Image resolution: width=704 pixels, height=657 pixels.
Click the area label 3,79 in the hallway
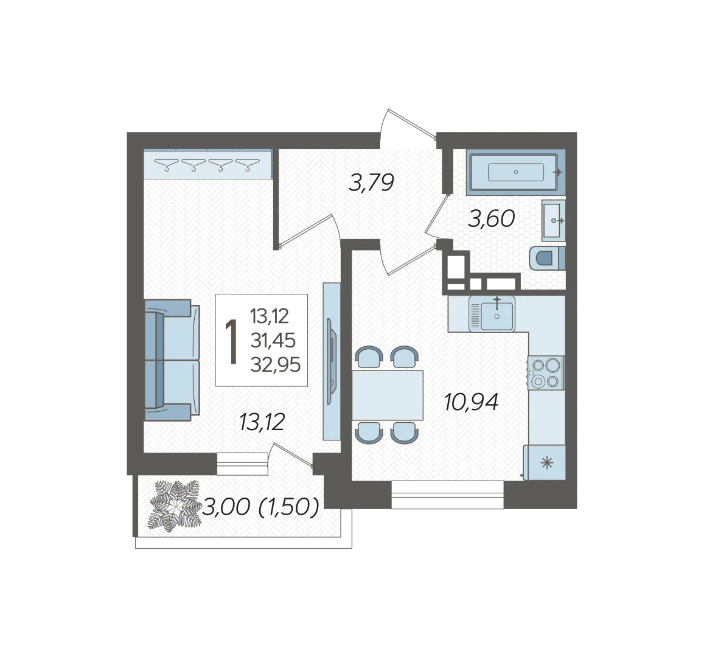pyautogui.click(x=371, y=182)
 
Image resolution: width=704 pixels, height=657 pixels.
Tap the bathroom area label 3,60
pyautogui.click(x=491, y=219)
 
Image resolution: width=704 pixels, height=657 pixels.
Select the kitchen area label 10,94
pyautogui.click(x=471, y=401)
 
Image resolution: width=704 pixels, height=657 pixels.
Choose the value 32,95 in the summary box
pyautogui.click(x=275, y=365)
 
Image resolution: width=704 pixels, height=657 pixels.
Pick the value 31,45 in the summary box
pyautogui.click(x=273, y=341)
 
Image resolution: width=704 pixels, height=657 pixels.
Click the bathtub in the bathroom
pyautogui.click(x=515, y=172)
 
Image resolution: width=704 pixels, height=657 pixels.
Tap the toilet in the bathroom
pyautogui.click(x=547, y=258)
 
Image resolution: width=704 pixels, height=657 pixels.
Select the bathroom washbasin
pyautogui.click(x=553, y=220)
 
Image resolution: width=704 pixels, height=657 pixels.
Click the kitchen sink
pyautogui.click(x=492, y=313)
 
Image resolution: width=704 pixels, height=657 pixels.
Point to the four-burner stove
pyautogui.click(x=546, y=372)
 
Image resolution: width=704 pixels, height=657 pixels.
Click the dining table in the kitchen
pyautogui.click(x=388, y=395)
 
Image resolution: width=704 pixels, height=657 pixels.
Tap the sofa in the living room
pyautogui.click(x=172, y=360)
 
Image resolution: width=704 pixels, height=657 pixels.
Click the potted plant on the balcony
pyautogui.click(x=175, y=507)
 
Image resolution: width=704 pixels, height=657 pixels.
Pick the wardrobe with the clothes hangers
pyautogui.click(x=208, y=164)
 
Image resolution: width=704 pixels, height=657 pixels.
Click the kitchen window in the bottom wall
pyautogui.click(x=447, y=495)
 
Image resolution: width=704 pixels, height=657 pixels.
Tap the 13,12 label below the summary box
pyautogui.click(x=262, y=422)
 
